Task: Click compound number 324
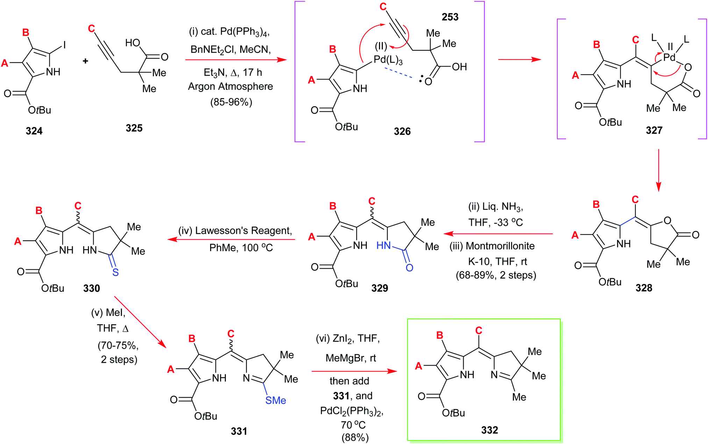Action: tap(34, 131)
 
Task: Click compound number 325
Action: tap(134, 128)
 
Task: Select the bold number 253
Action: tap(450, 17)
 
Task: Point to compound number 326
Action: tap(402, 131)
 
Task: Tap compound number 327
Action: tap(654, 130)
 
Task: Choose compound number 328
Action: tap(644, 288)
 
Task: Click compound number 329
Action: tap(380, 288)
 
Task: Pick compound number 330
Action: tap(92, 288)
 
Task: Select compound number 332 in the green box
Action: tap(489, 430)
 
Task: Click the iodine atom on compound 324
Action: tap(64, 45)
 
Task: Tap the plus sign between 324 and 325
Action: tap(85, 61)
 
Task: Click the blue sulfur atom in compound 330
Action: tap(115, 272)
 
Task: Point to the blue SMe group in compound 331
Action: tap(276, 400)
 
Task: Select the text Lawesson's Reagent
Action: tap(243, 231)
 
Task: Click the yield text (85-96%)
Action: tap(231, 102)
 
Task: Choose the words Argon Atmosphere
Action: tap(230, 86)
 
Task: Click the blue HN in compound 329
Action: tap(384, 246)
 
